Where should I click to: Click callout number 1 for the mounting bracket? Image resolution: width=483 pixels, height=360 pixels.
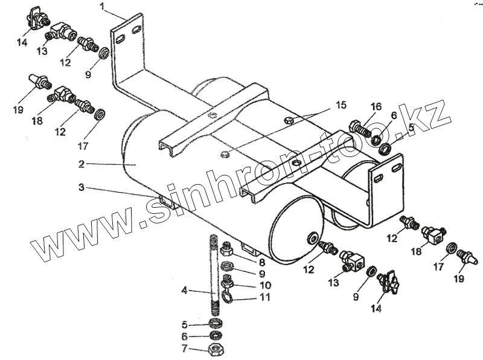pos(103,7)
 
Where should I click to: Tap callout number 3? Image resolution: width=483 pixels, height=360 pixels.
pos(81,187)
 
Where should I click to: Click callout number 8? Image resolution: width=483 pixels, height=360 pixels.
pos(261,262)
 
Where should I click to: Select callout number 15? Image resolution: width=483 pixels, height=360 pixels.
pos(341,105)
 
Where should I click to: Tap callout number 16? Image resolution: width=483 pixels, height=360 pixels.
pos(376,107)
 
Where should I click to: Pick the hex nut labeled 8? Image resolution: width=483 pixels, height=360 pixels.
pos(228,249)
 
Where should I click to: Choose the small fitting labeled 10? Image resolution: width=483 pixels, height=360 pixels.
pos(228,281)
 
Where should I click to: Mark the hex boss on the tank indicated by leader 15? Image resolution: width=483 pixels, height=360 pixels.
pos(224,154)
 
